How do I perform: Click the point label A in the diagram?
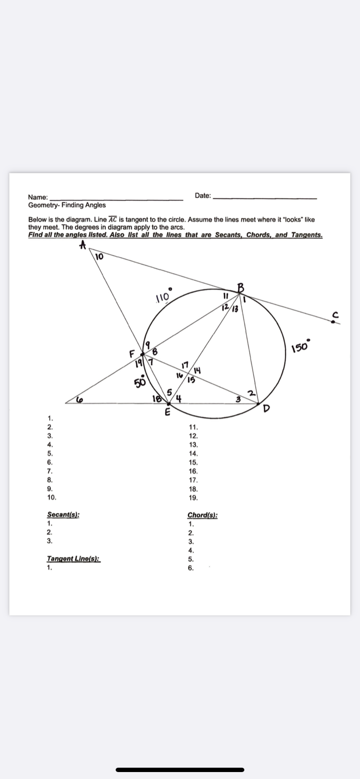(x=82, y=246)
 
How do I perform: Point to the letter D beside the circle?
(x=267, y=409)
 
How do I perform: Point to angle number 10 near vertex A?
(x=99, y=256)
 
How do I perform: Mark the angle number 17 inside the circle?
(x=185, y=364)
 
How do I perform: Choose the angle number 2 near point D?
(x=250, y=394)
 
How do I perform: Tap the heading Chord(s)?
(x=203, y=515)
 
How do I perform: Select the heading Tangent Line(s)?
(x=73, y=559)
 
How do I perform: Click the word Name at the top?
(x=38, y=197)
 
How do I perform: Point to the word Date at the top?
(x=203, y=196)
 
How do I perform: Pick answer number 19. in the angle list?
(x=193, y=498)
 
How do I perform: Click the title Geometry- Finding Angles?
(x=67, y=205)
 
